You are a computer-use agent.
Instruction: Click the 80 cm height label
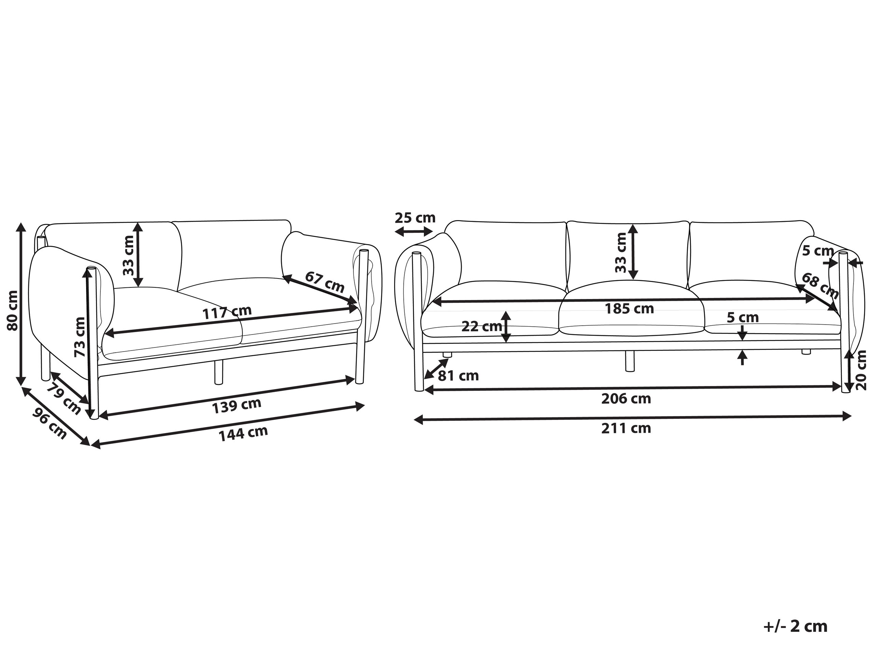(x=12, y=310)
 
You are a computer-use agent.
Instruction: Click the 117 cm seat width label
(x=227, y=312)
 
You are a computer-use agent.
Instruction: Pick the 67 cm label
(x=325, y=282)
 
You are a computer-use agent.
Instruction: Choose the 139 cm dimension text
(x=237, y=406)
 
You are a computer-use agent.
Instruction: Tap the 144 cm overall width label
(x=244, y=433)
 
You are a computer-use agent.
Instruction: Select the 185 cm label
(x=629, y=308)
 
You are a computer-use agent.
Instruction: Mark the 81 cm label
(x=458, y=375)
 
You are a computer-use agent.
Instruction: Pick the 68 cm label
(x=820, y=286)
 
